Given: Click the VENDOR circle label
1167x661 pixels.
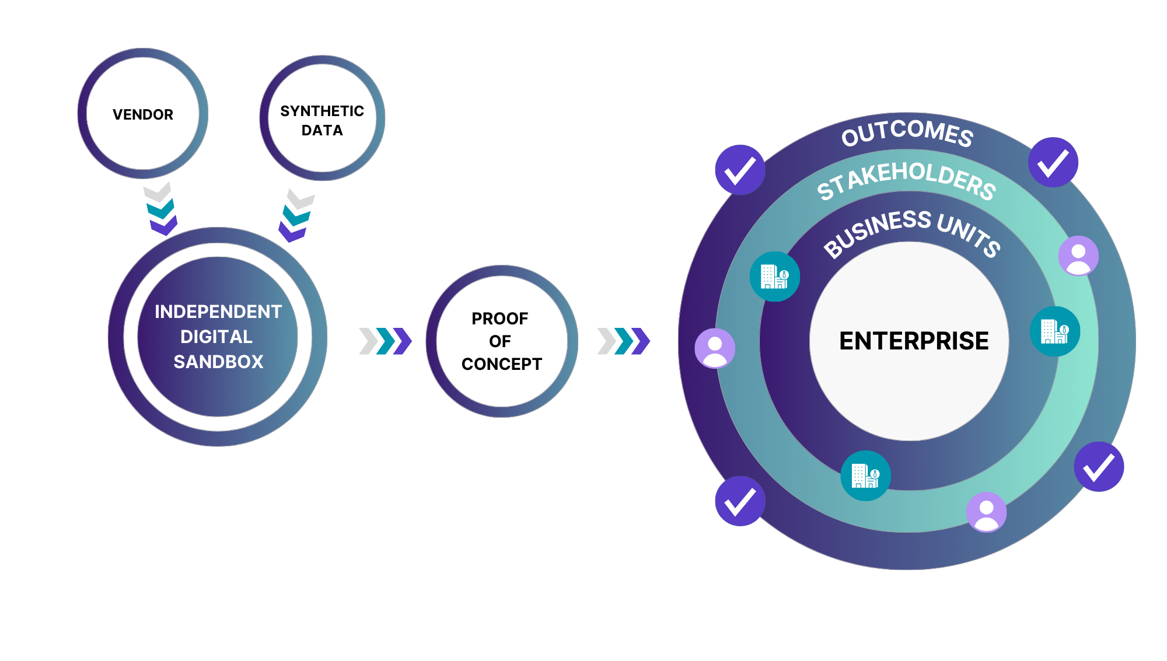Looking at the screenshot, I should [x=143, y=114].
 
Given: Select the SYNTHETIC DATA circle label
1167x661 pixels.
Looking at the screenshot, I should [x=322, y=120].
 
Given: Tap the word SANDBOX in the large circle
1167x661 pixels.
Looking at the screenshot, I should [x=218, y=362].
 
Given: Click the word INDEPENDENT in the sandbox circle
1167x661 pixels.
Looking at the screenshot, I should [x=218, y=312].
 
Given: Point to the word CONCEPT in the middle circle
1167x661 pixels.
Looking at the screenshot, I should [x=502, y=364].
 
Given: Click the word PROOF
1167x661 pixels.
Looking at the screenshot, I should [x=499, y=319].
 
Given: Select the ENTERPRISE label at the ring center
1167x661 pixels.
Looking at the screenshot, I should [x=914, y=341].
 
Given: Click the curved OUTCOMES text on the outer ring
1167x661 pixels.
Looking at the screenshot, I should [x=907, y=132].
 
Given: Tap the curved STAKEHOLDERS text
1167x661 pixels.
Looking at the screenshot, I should [x=906, y=180].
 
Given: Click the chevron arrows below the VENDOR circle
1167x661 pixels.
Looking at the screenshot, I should [x=161, y=209].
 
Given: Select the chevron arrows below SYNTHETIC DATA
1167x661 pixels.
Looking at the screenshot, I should [x=298, y=215].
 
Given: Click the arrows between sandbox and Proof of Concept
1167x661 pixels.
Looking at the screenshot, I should [x=385, y=341].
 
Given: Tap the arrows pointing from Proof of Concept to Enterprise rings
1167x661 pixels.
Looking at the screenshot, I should [x=623, y=341].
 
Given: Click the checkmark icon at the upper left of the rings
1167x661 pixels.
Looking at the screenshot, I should [x=740, y=170].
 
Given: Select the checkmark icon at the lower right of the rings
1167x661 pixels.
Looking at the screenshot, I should [x=1099, y=467].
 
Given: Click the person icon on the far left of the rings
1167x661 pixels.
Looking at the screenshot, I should [x=715, y=348].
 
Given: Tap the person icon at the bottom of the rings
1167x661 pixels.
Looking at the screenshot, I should [x=986, y=512].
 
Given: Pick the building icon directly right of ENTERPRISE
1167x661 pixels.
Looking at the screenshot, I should [x=1055, y=331].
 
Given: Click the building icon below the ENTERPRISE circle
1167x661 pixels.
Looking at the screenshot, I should [x=865, y=475].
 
